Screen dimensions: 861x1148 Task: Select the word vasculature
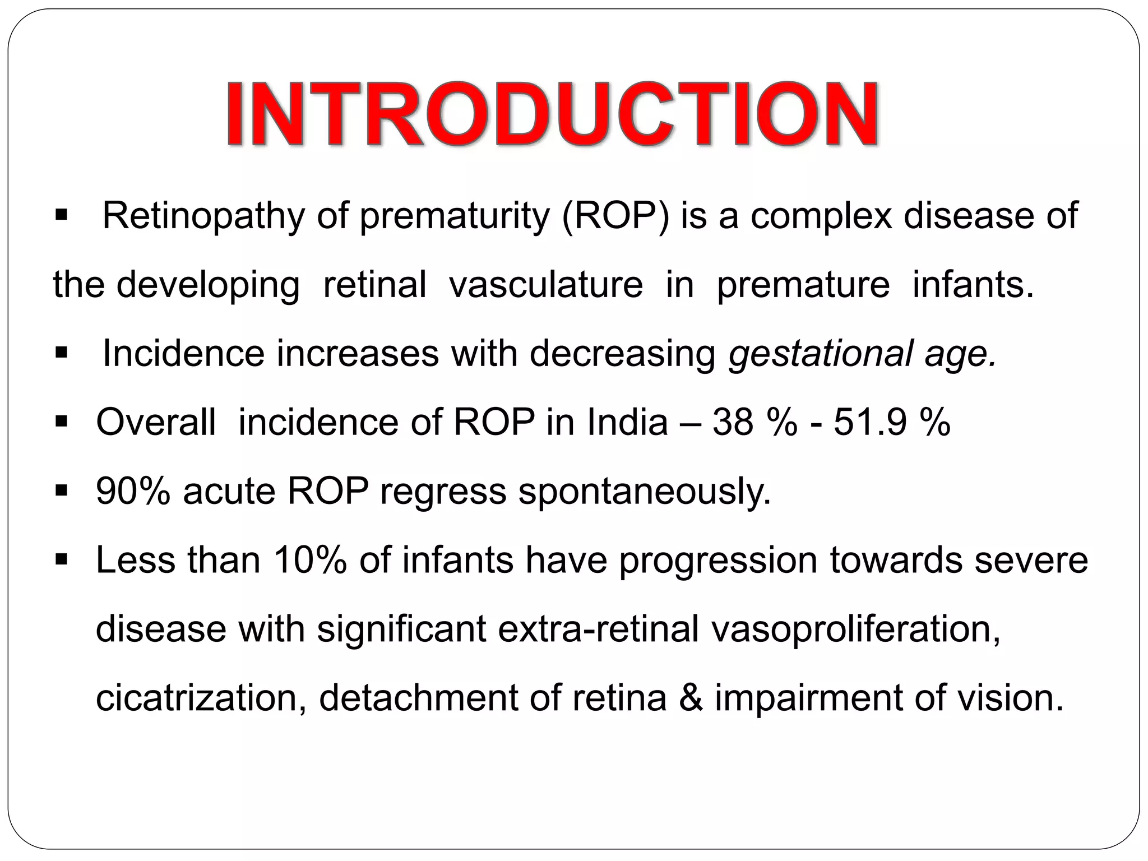[545, 285]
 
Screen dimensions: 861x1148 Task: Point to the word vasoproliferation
[855, 630]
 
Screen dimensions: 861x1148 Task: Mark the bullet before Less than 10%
[62, 559]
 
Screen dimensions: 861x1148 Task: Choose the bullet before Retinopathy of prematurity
[62, 215]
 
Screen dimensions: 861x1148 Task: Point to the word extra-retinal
[598, 630]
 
